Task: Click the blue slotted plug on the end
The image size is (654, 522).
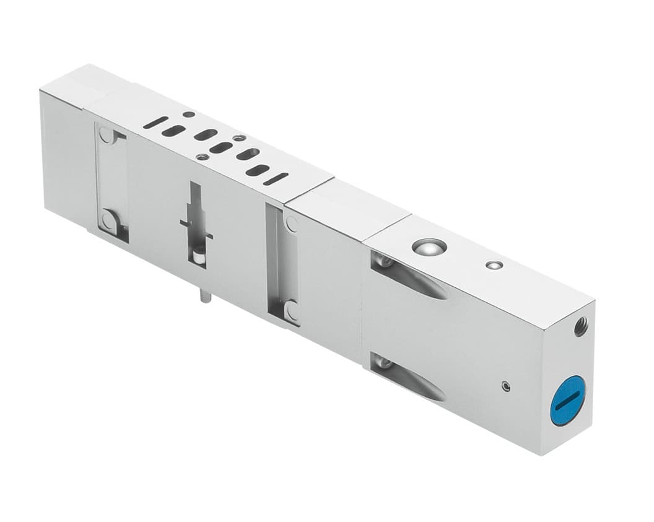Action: click(568, 400)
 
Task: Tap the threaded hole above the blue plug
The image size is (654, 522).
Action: click(580, 326)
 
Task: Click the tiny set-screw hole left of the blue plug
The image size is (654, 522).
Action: click(507, 386)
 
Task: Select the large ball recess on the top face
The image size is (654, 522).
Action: click(429, 246)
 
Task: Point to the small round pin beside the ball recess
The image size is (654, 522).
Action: click(494, 265)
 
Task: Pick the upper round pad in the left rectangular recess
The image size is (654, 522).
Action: click(107, 136)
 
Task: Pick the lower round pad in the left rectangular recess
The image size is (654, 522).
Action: click(108, 220)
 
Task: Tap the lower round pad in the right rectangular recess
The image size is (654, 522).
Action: click(291, 310)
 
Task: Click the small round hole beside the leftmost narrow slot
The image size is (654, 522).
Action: click(188, 115)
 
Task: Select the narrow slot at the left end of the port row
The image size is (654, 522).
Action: click(155, 122)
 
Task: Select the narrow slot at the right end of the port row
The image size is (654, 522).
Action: click(276, 179)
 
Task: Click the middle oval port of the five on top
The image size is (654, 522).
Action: click(221, 147)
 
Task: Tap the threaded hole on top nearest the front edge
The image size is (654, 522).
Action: click(203, 157)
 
